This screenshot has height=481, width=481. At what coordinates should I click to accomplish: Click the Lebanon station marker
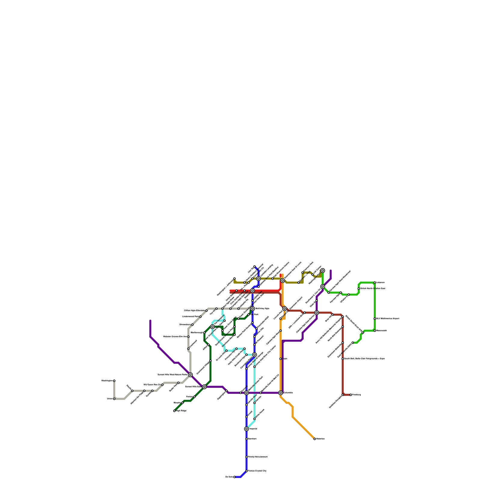point(375,283)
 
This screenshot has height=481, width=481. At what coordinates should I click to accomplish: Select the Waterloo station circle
point(314,439)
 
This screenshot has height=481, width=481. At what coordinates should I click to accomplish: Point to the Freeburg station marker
point(351,395)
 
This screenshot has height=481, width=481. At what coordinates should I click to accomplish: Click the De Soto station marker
point(234,477)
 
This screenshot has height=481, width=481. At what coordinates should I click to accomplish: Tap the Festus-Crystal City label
point(257,471)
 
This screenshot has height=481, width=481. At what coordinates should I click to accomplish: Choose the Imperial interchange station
point(247,429)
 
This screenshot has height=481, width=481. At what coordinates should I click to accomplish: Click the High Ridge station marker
point(174,411)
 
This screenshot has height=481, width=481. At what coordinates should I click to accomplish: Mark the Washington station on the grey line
point(114,381)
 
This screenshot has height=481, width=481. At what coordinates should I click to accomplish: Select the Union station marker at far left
point(114,399)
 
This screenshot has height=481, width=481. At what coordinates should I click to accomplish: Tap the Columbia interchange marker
point(280,393)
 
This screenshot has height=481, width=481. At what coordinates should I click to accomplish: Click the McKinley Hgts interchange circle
point(253,308)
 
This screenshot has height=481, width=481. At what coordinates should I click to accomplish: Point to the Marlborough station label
point(197,332)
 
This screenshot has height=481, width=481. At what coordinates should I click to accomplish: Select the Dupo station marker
point(280,359)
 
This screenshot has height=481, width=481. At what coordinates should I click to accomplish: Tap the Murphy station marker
point(182,403)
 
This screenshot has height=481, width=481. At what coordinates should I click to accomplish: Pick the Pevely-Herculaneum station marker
point(247,457)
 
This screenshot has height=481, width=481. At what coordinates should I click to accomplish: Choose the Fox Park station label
point(254,314)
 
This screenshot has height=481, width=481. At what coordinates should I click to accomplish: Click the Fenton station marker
point(195,397)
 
